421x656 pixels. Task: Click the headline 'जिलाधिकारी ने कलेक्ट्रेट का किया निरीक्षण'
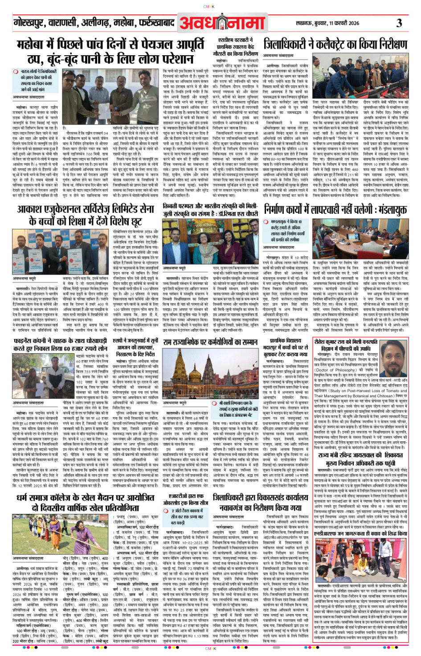[335, 44]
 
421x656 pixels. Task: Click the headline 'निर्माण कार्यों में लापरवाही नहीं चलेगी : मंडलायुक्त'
[335, 210]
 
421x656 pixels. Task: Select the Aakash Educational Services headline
[86, 215]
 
